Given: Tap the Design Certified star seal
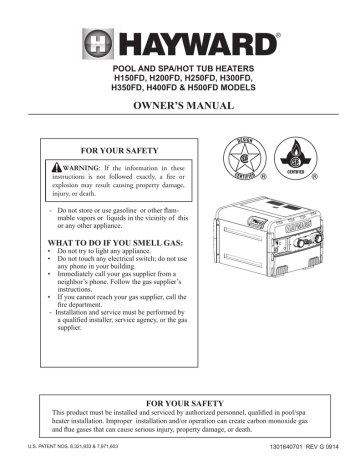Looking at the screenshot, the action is (245, 161).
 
